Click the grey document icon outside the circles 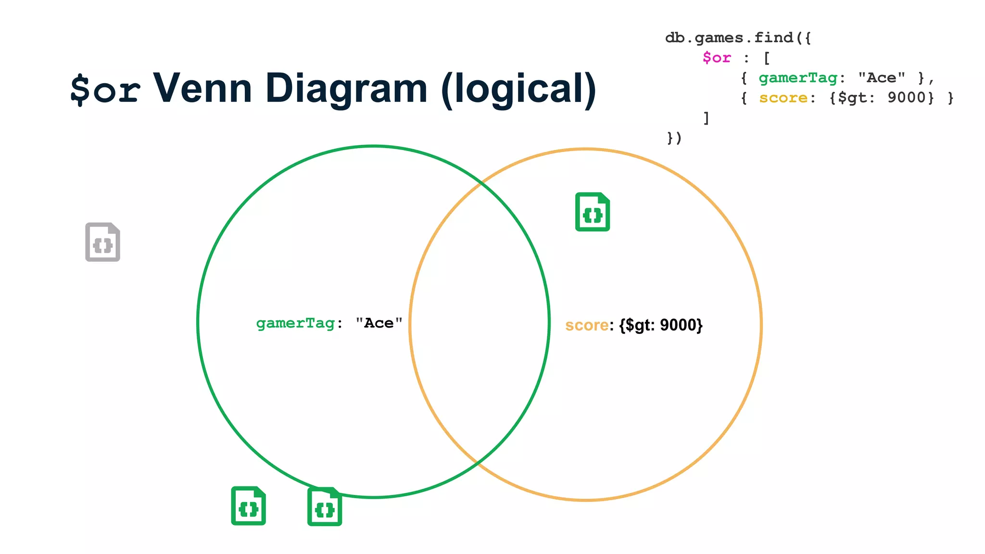coord(102,242)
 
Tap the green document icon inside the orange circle coord(593,212)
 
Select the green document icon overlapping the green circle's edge coord(325,506)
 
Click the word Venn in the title coord(202,88)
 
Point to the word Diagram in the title coord(346,88)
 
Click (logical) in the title coord(518,88)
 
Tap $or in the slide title coord(105,89)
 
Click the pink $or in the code coord(717,58)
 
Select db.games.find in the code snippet coord(729,38)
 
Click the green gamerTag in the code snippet coord(798,78)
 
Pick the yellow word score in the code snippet coord(783,98)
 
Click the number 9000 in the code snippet coord(907,98)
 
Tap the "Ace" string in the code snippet coord(882,78)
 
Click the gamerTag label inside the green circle coord(295,323)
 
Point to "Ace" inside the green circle coord(379,323)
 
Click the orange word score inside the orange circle coord(587,325)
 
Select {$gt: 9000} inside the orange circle coord(661,325)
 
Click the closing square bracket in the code coord(706,118)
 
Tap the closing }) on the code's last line coord(674,138)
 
